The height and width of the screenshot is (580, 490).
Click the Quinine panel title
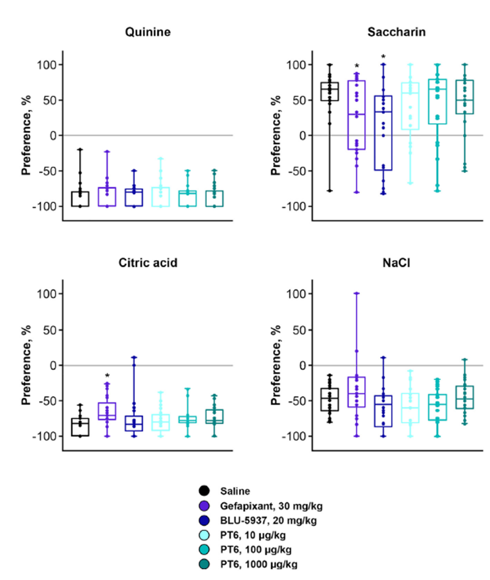coord(148,32)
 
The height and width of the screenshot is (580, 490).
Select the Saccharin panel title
coord(396,32)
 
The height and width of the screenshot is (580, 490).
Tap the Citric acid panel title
coord(148,263)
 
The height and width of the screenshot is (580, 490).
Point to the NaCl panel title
coord(396,263)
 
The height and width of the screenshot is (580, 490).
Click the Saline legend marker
coord(204,491)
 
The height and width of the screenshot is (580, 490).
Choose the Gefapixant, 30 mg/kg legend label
coord(271,506)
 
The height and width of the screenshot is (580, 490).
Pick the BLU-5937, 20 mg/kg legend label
coord(268,520)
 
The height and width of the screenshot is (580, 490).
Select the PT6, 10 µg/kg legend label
coord(253,535)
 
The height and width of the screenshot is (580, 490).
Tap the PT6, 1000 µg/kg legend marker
coord(204,564)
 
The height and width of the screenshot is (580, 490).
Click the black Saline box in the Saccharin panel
coord(330,92)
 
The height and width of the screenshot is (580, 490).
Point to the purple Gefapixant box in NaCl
coord(357,392)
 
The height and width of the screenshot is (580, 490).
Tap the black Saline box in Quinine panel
coord(80,199)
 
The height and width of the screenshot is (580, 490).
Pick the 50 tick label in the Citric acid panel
coord(50,330)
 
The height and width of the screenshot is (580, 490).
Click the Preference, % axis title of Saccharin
coord(275,135)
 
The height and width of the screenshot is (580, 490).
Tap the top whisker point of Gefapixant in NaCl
coord(357,293)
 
